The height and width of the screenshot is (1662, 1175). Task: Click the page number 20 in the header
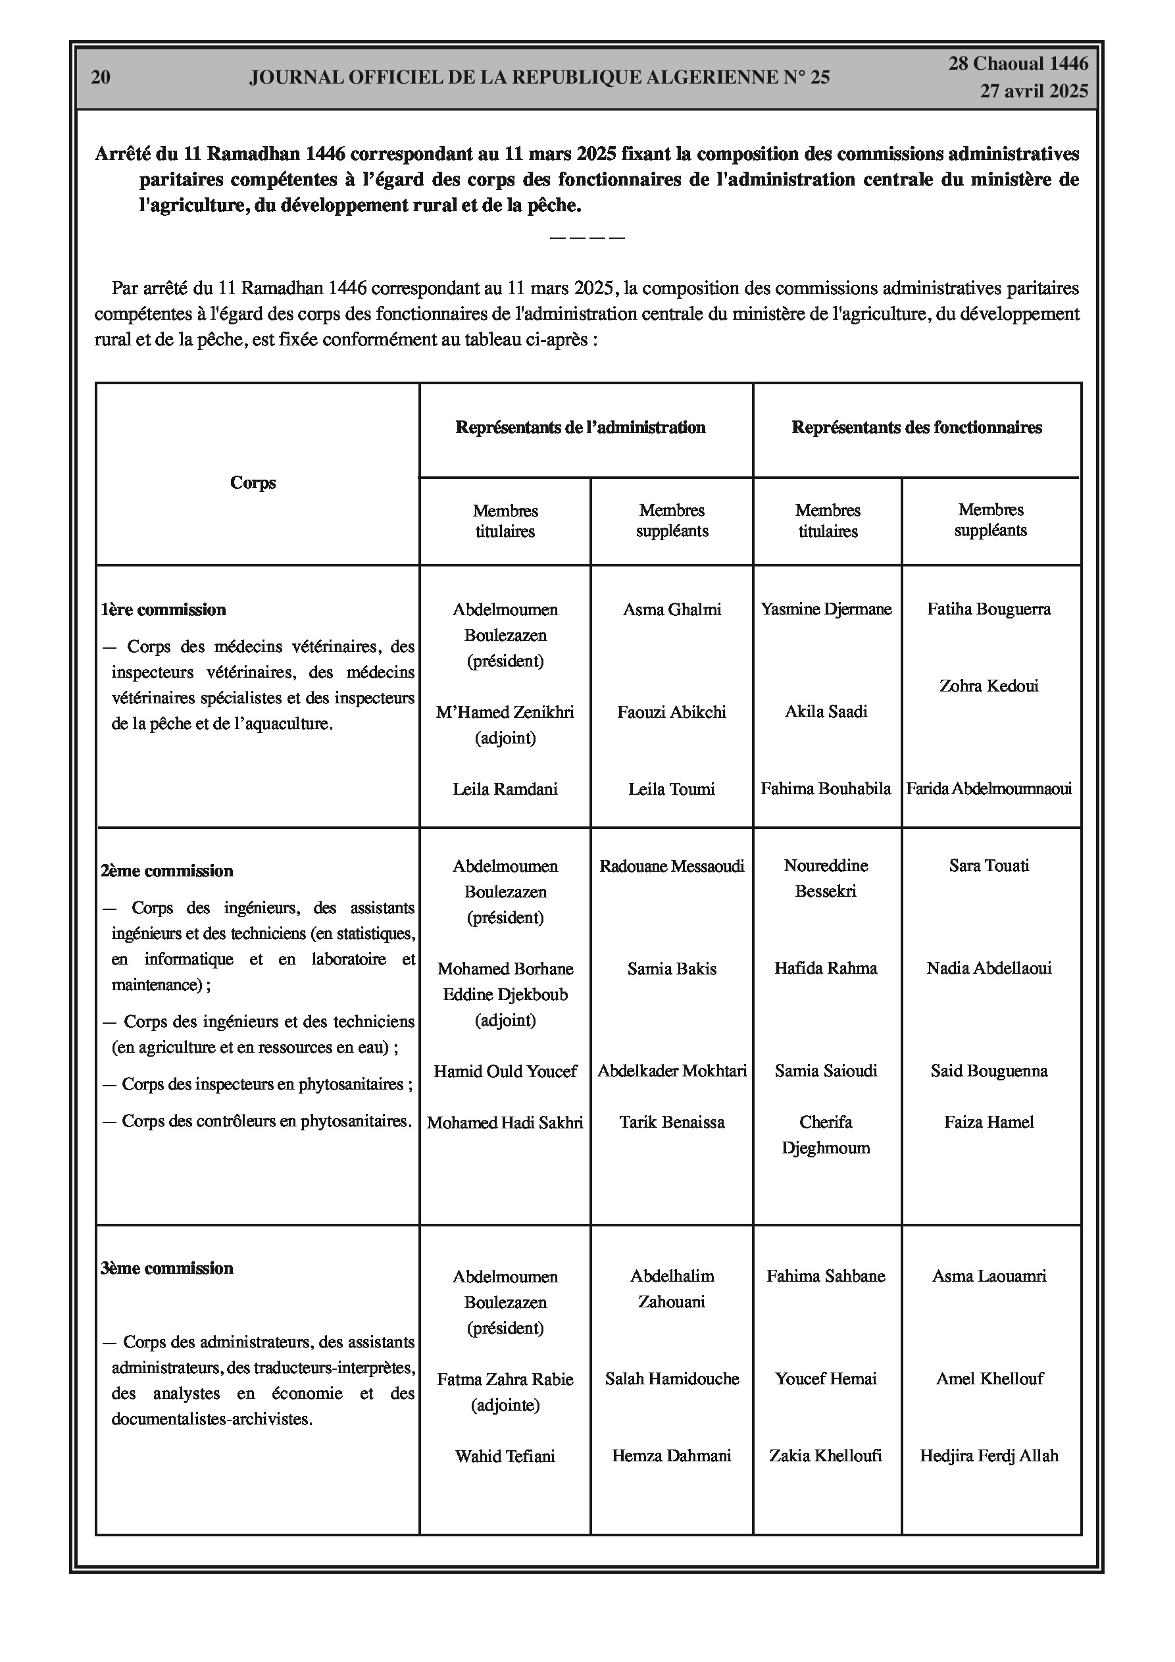click(x=101, y=78)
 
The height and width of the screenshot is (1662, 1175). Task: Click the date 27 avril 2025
click(x=1034, y=91)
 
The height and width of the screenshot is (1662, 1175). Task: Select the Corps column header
click(x=253, y=483)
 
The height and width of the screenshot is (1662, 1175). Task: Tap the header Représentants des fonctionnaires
click(x=916, y=428)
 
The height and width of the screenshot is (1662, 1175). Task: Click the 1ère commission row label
click(x=164, y=610)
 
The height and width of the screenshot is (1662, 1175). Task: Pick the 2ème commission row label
click(x=167, y=871)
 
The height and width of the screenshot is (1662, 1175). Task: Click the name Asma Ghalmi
click(x=672, y=609)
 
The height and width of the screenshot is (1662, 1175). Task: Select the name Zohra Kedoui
click(x=988, y=686)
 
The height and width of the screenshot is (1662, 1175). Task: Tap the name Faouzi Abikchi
click(x=671, y=713)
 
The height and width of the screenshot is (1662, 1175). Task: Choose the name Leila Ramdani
click(x=505, y=789)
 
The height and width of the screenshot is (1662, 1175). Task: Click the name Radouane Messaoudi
click(x=672, y=867)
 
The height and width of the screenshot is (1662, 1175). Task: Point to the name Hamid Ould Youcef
click(x=505, y=1071)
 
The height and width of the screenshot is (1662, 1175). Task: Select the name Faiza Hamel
click(x=989, y=1122)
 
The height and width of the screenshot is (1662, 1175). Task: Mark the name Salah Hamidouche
click(x=672, y=1379)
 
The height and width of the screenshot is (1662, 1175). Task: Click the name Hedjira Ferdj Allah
click(x=989, y=1455)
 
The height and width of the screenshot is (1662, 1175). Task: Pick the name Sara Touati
click(x=989, y=866)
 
